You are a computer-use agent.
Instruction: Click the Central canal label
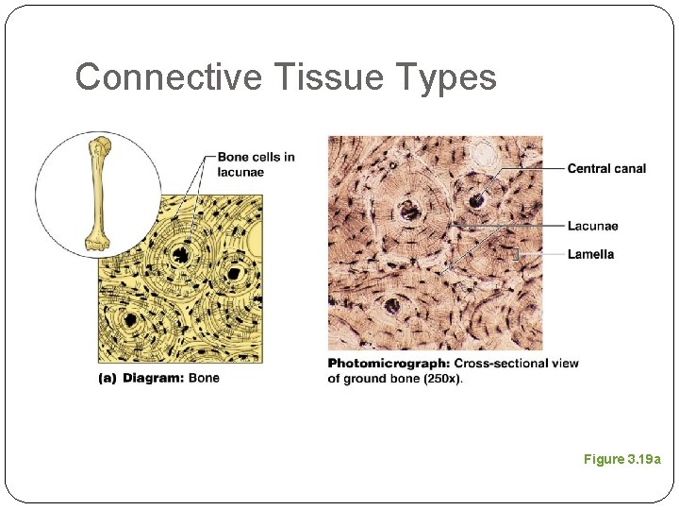click(x=606, y=169)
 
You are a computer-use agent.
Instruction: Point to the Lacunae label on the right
click(x=592, y=226)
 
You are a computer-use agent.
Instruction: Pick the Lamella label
click(x=590, y=254)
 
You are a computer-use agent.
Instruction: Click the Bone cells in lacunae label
click(x=256, y=164)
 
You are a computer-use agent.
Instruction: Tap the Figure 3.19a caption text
click(x=622, y=459)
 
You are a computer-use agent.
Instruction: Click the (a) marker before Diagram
click(x=108, y=378)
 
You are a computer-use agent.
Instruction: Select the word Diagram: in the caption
click(x=155, y=378)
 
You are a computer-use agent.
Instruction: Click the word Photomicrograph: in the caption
click(x=389, y=364)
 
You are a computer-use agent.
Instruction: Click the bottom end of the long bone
click(x=95, y=242)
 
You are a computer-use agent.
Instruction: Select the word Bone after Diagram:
click(x=205, y=378)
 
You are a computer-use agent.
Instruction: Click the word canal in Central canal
click(x=630, y=169)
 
